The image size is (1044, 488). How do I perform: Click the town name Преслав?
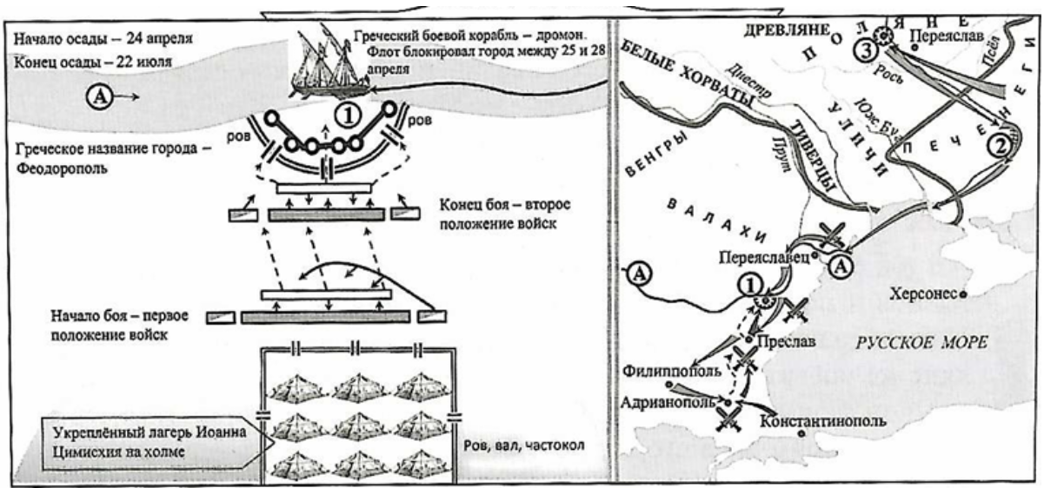point(787,341)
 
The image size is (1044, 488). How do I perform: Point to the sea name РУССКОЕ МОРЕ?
point(921,341)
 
